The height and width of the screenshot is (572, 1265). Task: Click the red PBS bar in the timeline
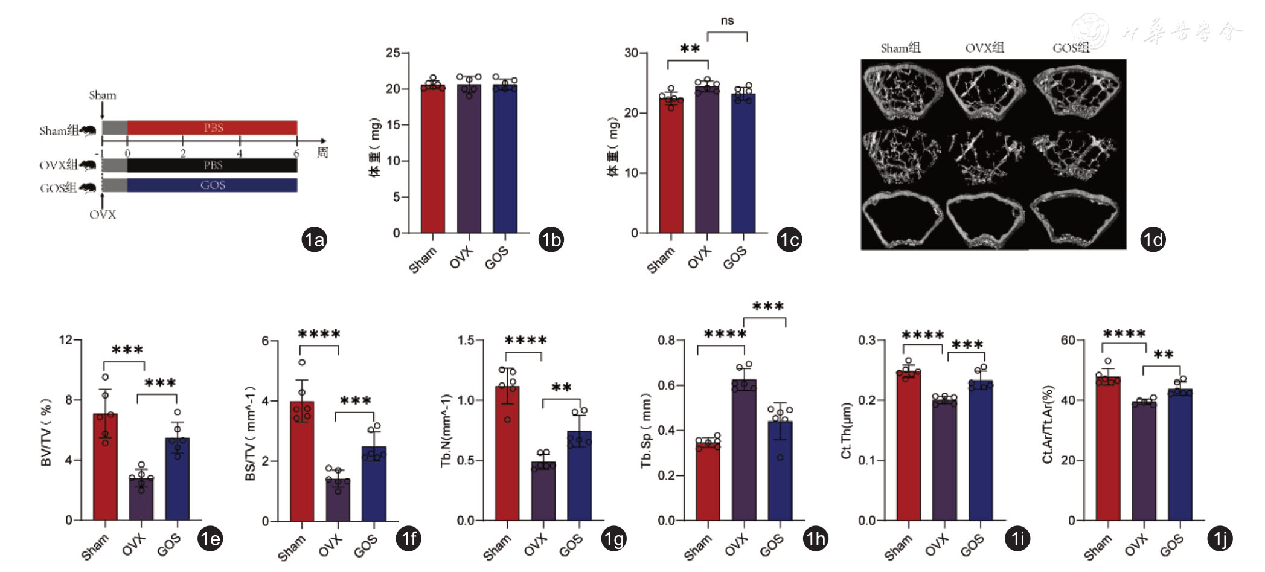pos(212,127)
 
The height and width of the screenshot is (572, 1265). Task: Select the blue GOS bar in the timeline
pos(212,185)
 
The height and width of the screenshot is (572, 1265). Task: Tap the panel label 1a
pos(314,240)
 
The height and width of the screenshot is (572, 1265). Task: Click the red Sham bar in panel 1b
pos(433,160)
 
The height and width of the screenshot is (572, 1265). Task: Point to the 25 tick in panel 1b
pos(393,53)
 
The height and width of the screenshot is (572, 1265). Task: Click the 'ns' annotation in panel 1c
pos(727,21)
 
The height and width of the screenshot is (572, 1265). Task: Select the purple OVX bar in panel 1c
pos(707,160)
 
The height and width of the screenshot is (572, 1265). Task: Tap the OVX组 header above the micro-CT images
pos(984,48)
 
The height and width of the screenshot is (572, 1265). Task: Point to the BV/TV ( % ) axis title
pos(46,432)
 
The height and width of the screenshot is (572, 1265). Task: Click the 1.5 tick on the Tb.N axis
pos(466,341)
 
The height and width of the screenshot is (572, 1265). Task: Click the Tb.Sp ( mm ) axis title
pos(646,430)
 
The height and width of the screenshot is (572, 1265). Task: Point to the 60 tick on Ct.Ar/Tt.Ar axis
pos(1068,341)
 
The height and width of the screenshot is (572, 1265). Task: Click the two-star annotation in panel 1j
pos(1164,355)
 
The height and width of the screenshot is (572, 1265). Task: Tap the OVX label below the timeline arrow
pos(103,215)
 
